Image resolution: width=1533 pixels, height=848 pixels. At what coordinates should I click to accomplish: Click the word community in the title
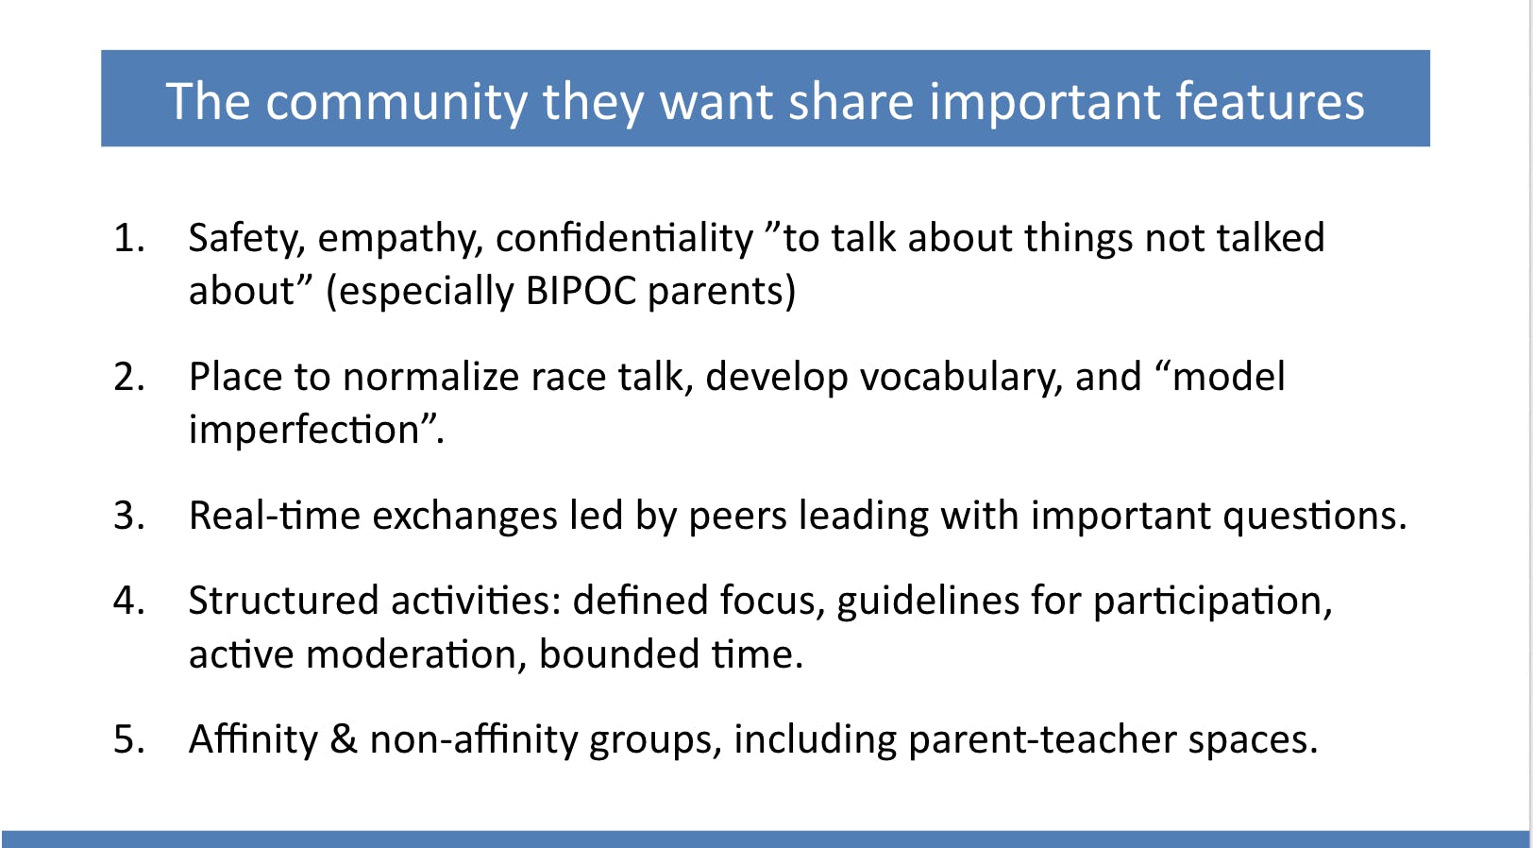pos(396,103)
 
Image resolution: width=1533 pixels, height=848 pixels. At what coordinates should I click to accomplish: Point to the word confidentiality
pos(624,238)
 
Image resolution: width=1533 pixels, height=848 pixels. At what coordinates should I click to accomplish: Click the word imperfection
pos(304,430)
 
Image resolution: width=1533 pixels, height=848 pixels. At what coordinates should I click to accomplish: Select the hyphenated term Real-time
pos(275,516)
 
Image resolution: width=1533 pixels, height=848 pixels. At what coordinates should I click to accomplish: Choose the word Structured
pos(283,601)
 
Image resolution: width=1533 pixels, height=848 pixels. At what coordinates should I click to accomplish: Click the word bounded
pos(618,654)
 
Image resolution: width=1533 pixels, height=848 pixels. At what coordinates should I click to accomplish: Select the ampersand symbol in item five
pos(344,739)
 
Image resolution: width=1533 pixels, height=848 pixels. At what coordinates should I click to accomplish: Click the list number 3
pos(129,516)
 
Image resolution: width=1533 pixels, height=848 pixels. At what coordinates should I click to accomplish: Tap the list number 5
pos(129,739)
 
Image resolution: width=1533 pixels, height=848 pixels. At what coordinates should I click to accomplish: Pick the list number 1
pos(129,238)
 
